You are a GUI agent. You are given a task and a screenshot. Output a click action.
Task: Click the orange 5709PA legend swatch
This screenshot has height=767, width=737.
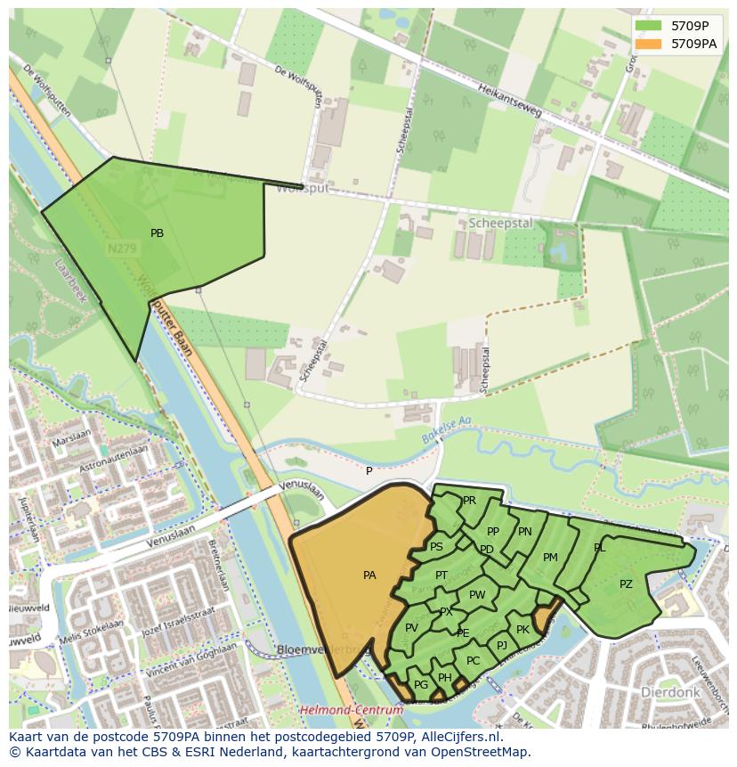coord(647,44)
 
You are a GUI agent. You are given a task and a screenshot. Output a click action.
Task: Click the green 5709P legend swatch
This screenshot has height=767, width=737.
coord(647,26)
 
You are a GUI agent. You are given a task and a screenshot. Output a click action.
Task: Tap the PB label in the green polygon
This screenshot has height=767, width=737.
coord(157,233)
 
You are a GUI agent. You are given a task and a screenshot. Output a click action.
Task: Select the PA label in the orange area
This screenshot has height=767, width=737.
coord(369,575)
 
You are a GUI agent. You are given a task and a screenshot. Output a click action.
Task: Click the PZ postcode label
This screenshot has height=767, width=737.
coord(626,584)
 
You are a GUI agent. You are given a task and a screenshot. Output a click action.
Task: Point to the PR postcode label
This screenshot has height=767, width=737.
coord(469,501)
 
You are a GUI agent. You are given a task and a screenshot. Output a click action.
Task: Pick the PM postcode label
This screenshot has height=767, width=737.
coord(550,558)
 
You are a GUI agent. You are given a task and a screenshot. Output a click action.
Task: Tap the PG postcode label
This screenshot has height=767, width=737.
coord(421,684)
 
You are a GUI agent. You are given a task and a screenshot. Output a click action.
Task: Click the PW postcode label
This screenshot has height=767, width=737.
coord(477,595)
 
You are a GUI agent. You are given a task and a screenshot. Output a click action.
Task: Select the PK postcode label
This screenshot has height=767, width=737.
coord(522,630)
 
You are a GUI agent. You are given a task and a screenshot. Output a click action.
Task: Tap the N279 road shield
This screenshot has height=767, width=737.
coord(121,249)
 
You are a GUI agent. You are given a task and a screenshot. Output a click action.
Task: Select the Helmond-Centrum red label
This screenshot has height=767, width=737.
coord(350,710)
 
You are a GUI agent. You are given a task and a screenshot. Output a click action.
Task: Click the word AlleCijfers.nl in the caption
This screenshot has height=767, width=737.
coord(458,737)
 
